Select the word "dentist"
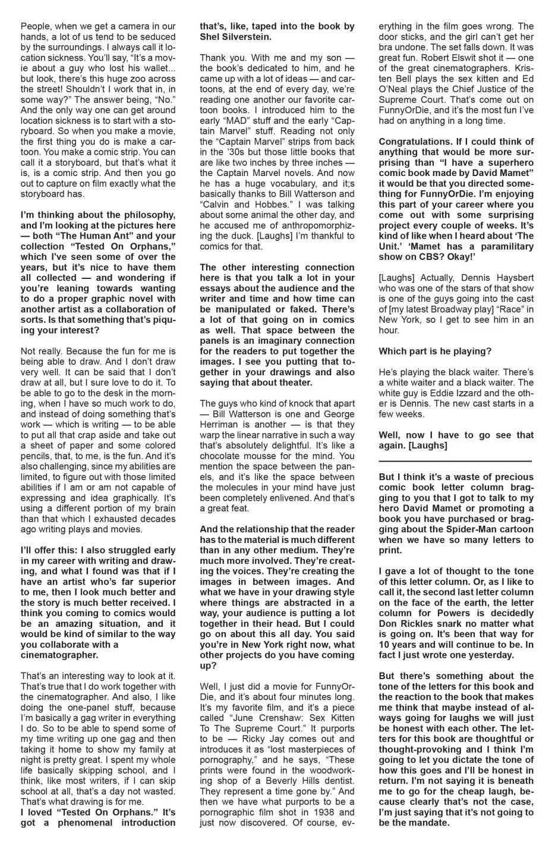(x=333, y=781)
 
